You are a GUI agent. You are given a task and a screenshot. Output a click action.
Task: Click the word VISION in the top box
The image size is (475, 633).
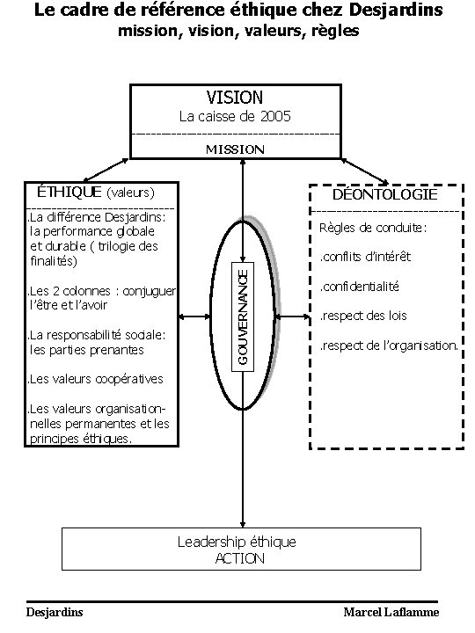pyautogui.click(x=234, y=97)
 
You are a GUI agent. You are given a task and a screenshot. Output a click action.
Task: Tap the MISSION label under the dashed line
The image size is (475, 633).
pyautogui.click(x=235, y=149)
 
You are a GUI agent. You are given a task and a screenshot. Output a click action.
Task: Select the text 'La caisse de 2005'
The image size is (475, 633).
pyautogui.click(x=235, y=116)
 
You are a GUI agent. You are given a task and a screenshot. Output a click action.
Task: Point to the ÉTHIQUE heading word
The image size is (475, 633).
pyautogui.click(x=69, y=191)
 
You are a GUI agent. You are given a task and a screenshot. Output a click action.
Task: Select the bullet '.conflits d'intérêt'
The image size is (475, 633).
pyautogui.click(x=364, y=258)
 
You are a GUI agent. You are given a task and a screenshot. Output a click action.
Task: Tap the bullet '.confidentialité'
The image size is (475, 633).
pyautogui.click(x=359, y=287)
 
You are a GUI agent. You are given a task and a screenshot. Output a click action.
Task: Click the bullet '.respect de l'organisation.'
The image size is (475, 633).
pyautogui.click(x=388, y=346)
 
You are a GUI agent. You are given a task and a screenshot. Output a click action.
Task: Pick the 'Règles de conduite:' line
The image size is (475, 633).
pyautogui.click(x=374, y=229)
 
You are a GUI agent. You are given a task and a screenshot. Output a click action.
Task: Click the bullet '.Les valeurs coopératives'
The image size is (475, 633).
pyautogui.click(x=96, y=380)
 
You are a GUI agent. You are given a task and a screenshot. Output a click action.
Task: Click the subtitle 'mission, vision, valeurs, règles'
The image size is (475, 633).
pyautogui.click(x=237, y=32)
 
